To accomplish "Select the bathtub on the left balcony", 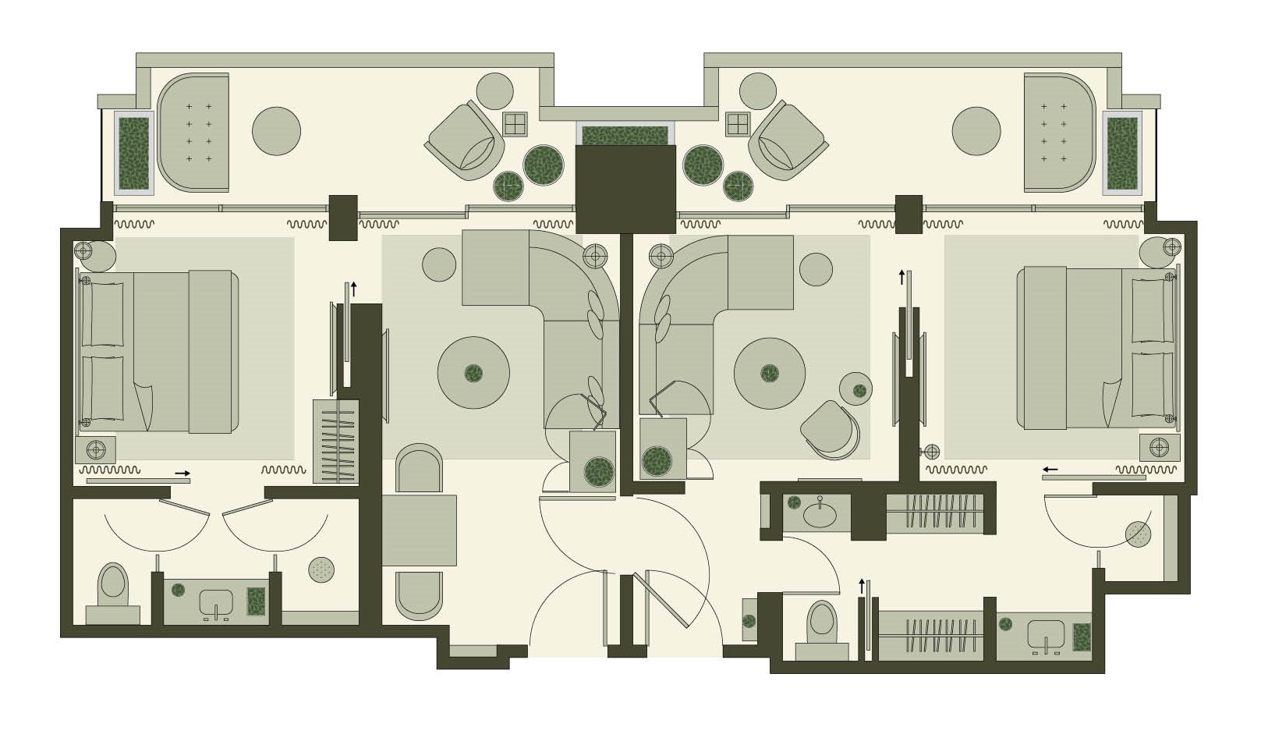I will click(x=193, y=132).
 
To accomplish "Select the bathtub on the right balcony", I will click(x=1059, y=132).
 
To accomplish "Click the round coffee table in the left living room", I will click(x=473, y=373).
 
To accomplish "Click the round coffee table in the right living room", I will click(x=770, y=373).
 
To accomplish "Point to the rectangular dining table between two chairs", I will click(x=419, y=530).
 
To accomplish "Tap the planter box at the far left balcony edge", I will click(x=133, y=153).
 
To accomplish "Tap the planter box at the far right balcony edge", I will click(x=1122, y=153).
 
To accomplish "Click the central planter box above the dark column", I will click(x=625, y=136).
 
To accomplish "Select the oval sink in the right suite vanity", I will click(x=820, y=515).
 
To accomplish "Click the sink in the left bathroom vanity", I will click(x=216, y=602).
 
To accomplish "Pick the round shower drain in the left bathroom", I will click(x=321, y=569).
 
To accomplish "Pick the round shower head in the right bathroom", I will click(x=1138, y=534).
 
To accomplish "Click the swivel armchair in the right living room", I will click(x=829, y=427).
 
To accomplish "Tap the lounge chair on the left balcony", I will click(x=466, y=141).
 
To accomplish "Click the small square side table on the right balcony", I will click(x=737, y=124).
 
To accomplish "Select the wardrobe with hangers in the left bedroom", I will click(x=336, y=442).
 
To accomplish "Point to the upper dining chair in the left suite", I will click(x=419, y=469).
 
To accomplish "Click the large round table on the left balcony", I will click(x=276, y=131).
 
